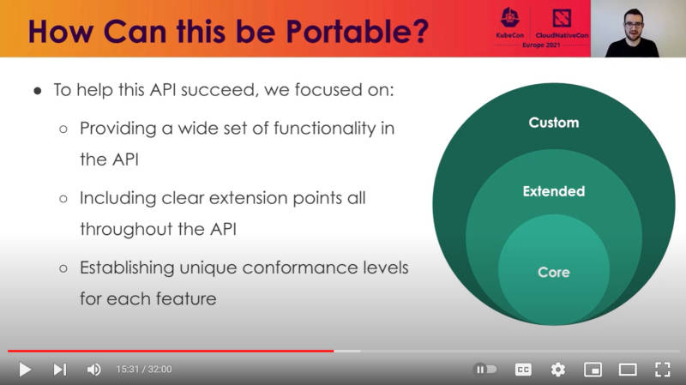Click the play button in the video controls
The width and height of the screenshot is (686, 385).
(25, 370)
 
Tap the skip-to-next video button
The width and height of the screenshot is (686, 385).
(60, 370)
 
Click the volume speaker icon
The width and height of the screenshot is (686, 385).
(93, 370)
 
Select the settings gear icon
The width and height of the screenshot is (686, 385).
(558, 370)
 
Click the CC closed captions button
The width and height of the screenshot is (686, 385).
(523, 370)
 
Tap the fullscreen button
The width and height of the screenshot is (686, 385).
(662, 370)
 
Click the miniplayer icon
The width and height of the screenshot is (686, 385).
(593, 370)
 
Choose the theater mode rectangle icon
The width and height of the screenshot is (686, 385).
(628, 370)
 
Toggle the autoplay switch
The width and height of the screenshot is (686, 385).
(485, 370)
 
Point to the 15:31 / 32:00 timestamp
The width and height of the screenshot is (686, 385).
(144, 370)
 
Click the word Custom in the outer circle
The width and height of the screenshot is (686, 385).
(554, 123)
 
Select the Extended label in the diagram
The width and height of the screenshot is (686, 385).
(554, 191)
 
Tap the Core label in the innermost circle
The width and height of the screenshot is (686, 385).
(554, 272)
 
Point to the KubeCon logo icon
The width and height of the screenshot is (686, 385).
(509, 18)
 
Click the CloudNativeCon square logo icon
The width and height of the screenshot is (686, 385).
(562, 18)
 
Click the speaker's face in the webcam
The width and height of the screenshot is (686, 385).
(634, 25)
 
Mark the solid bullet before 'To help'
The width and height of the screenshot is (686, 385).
(38, 91)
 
